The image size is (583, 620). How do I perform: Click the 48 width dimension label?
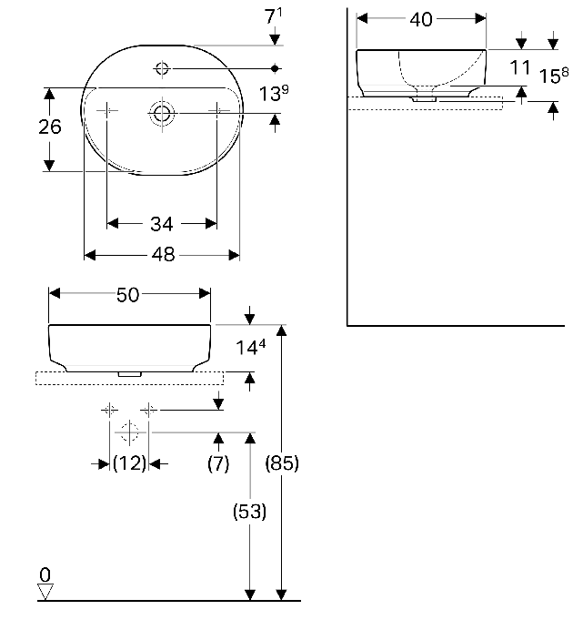click(163, 255)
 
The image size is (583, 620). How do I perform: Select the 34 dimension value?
click(162, 224)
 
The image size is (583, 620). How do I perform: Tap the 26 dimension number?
click(50, 127)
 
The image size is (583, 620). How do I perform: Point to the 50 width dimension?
click(128, 295)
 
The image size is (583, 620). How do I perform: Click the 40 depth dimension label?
click(421, 19)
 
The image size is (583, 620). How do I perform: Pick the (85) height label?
click(282, 463)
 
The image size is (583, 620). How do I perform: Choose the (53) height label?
click(249, 512)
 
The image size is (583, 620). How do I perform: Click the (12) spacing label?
click(129, 463)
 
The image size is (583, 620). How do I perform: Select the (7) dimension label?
click(218, 463)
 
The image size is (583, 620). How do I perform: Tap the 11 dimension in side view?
click(520, 67)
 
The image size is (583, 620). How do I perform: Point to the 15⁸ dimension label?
click(554, 76)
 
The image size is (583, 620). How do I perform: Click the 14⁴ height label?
click(250, 347)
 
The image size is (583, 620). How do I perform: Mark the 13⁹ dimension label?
click(274, 93)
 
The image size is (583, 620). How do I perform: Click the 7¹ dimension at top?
click(274, 16)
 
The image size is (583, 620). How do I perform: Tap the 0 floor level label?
click(45, 574)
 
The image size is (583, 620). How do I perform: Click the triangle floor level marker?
click(45, 593)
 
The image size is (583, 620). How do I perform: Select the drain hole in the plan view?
click(162, 113)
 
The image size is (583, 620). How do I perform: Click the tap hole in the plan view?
click(162, 68)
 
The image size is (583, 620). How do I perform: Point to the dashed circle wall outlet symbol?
click(129, 432)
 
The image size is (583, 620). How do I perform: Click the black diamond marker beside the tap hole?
click(275, 69)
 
